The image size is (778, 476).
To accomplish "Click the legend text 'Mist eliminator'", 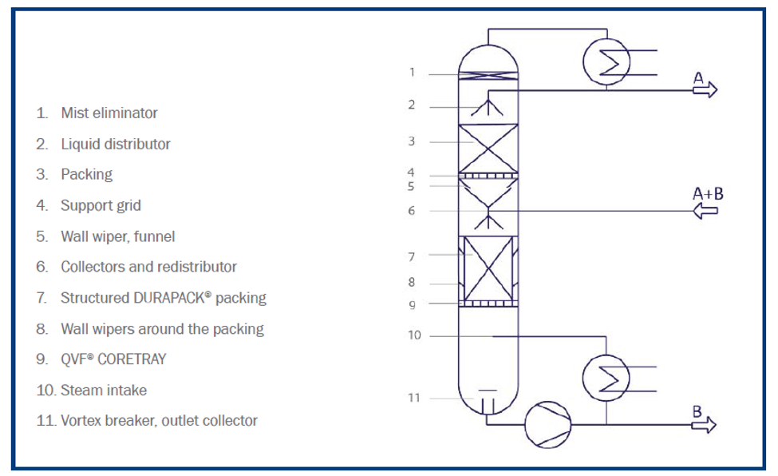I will (x=109, y=113).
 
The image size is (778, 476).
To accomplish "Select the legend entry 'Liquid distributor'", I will (x=115, y=145).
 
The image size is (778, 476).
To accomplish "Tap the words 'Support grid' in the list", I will (x=101, y=205).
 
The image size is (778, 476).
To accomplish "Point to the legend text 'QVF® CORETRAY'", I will (x=113, y=359).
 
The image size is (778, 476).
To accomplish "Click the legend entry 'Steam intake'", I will (x=104, y=391).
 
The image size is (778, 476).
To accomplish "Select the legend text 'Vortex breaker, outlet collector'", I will (x=159, y=421).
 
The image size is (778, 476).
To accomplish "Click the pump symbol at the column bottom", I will (x=547, y=423).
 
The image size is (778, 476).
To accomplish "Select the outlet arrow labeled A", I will (x=705, y=89).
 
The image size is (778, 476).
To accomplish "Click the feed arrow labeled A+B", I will (x=705, y=211).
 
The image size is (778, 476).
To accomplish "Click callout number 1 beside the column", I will (x=412, y=73).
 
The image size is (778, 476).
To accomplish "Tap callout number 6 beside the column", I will (x=412, y=211).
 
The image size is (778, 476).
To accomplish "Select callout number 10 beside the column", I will (x=414, y=335).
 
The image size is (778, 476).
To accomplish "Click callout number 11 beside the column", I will (x=414, y=397).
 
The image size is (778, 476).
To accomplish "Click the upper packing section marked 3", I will (x=488, y=149).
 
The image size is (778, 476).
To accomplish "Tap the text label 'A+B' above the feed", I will (x=708, y=193).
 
